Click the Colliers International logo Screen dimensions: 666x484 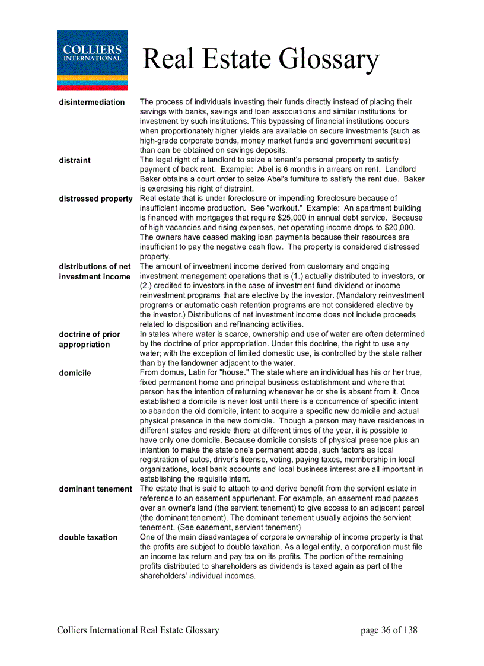(92, 60)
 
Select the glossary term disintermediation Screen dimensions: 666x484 (92, 103)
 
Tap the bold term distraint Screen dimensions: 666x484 (75, 160)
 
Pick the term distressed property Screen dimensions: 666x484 (95, 199)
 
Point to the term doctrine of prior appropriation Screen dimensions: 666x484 (90, 339)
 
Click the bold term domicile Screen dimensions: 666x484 (75, 373)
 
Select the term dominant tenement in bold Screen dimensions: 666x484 (95, 489)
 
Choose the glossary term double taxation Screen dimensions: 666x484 (88, 537)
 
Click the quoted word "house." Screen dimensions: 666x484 (234, 373)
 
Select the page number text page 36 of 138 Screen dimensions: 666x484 (389, 630)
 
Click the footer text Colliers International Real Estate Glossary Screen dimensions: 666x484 (138, 630)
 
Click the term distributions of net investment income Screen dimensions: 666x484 (95, 272)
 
